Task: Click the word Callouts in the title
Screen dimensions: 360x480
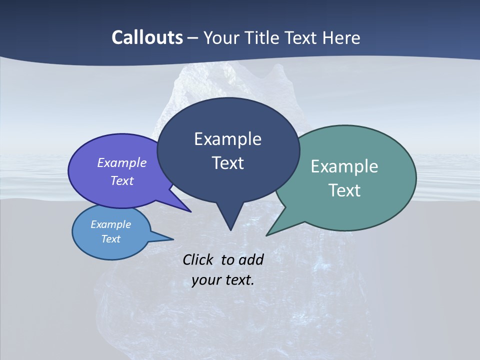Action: click(x=147, y=38)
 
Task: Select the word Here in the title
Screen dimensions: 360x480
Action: click(x=342, y=38)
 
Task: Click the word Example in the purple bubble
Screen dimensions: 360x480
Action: click(x=121, y=162)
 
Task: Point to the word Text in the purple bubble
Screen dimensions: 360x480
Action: click(x=121, y=180)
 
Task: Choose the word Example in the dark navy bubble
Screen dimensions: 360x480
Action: click(x=227, y=139)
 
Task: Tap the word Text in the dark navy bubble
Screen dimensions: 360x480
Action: click(x=227, y=163)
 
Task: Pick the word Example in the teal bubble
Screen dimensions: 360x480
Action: click(x=344, y=166)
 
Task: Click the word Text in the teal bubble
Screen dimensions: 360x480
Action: click(x=344, y=190)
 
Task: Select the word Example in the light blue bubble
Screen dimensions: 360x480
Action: click(x=110, y=224)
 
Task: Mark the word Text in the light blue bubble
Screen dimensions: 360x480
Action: click(x=110, y=239)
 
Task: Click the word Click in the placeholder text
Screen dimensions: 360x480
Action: click(x=197, y=260)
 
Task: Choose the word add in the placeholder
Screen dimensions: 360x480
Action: click(x=250, y=260)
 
